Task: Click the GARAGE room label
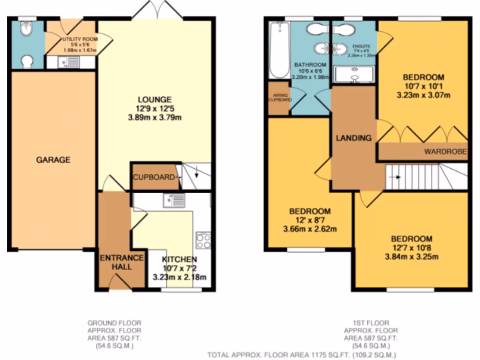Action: click(x=53, y=160)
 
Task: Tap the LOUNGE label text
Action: click(x=154, y=99)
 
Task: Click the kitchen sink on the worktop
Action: click(x=174, y=201)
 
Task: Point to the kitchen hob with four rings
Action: click(x=203, y=240)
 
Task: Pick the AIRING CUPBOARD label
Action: click(x=278, y=97)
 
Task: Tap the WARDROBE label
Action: click(x=446, y=151)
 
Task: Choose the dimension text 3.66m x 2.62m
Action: click(x=309, y=229)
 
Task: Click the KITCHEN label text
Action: click(x=179, y=260)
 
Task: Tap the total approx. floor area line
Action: click(x=302, y=355)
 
